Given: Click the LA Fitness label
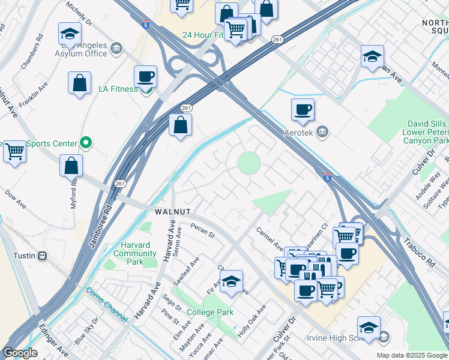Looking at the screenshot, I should tap(118, 89).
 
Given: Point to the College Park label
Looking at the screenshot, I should tap(209, 312).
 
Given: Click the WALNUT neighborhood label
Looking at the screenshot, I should tap(173, 212).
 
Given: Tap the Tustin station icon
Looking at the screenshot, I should tap(42, 256).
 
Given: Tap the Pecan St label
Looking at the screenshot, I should tap(202, 229).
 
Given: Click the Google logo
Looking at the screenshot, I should tap(19, 353).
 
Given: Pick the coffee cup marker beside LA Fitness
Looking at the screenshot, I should tap(145, 77).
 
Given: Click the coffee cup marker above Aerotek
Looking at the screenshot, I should tap(303, 110).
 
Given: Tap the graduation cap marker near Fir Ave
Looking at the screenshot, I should tap(231, 281).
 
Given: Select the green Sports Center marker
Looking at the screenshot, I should tap(86, 143).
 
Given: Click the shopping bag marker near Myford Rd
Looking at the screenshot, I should tap(71, 165).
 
